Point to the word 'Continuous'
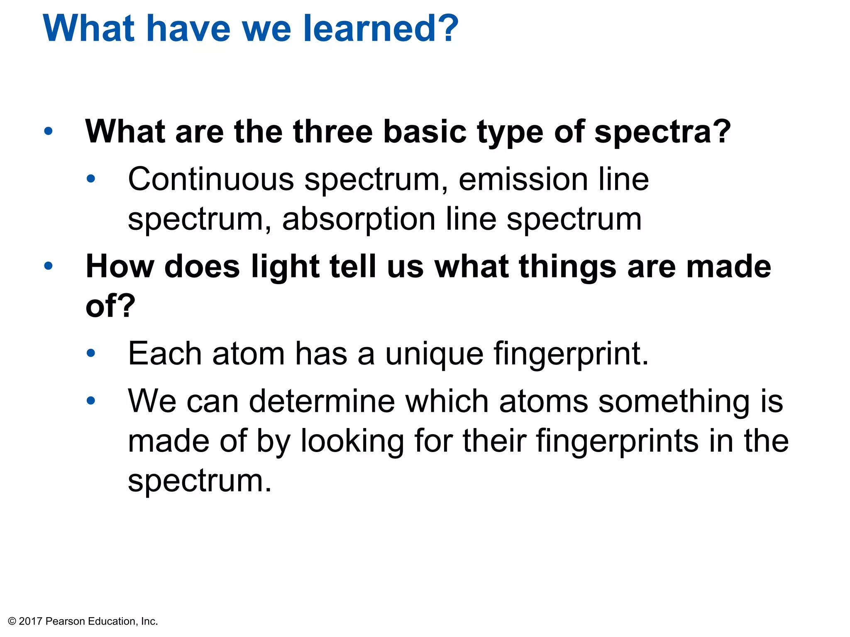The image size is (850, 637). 211,179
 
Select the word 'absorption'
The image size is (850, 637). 359,220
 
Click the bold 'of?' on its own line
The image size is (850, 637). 110,306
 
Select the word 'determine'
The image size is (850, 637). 322,401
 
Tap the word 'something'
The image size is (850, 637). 674,401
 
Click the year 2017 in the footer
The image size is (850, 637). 31,621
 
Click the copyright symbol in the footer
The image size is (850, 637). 12,621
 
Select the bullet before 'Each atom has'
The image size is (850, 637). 91,353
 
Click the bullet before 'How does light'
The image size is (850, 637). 49,265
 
